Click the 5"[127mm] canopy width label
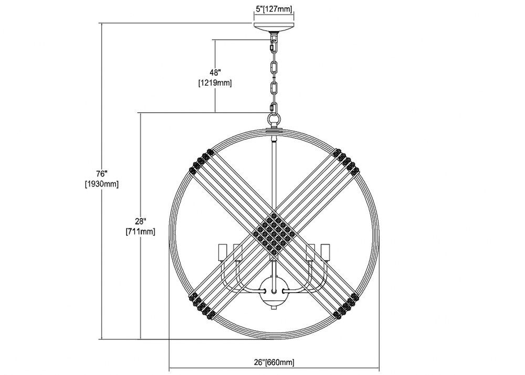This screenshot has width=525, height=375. (274, 9)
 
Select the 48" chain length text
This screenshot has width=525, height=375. (215, 72)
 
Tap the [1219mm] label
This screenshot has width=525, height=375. (215, 82)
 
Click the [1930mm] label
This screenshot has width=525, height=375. (101, 184)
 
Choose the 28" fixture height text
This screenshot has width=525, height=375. (141, 221)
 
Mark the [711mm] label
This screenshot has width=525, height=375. (140, 232)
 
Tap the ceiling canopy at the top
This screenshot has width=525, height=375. (274, 27)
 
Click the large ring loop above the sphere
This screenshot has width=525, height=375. (274, 119)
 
